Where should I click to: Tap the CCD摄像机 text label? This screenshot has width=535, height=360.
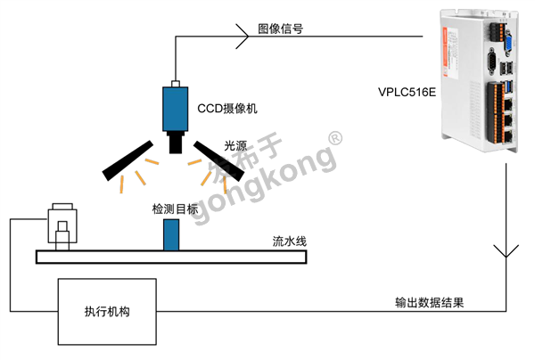(x=226, y=109)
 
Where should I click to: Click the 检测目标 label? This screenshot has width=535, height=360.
(x=175, y=209)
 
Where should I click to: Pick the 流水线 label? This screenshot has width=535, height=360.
(x=290, y=241)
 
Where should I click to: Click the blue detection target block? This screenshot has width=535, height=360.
(x=170, y=233)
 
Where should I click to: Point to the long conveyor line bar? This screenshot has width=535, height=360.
(x=170, y=257)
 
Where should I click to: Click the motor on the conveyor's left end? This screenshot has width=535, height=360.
(x=62, y=227)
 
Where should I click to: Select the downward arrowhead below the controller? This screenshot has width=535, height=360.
(x=506, y=252)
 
